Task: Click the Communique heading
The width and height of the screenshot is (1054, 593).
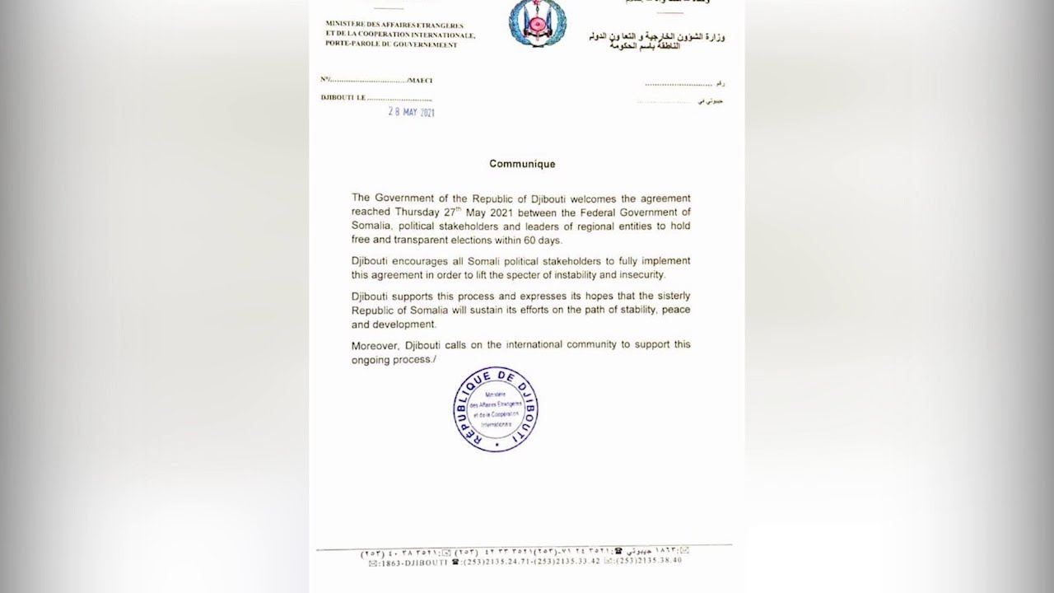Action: [x=522, y=164]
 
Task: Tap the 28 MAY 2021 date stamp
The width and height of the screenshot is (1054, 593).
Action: [x=411, y=112]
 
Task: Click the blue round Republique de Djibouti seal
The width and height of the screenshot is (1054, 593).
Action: [x=496, y=409]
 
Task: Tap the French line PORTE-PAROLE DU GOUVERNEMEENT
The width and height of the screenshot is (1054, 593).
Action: [x=391, y=44]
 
